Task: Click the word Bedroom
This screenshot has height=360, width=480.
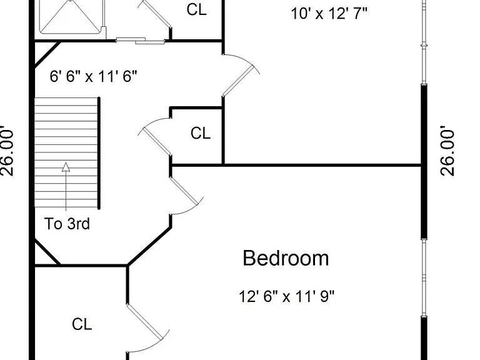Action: click(286, 258)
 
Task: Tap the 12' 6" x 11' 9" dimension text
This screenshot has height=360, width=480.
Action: click(286, 296)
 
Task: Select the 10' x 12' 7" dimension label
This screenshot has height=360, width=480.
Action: click(329, 14)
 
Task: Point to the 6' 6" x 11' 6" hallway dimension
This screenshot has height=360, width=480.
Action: click(93, 76)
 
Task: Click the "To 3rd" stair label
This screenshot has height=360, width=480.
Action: click(67, 224)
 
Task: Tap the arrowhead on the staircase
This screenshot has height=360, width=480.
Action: click(66, 167)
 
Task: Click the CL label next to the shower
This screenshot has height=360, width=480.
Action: click(196, 9)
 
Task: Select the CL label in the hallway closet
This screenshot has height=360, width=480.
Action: click(201, 133)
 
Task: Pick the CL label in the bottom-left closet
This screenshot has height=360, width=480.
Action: click(82, 324)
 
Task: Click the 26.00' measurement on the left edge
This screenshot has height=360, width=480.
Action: click(7, 151)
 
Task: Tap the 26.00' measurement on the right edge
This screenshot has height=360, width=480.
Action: click(447, 151)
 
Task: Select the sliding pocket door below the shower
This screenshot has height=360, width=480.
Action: click(141, 41)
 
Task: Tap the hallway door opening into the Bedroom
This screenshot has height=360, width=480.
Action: click(184, 191)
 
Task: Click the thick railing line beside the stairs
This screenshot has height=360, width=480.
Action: click(99, 153)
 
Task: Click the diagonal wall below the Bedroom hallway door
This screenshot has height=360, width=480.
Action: click(149, 246)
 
